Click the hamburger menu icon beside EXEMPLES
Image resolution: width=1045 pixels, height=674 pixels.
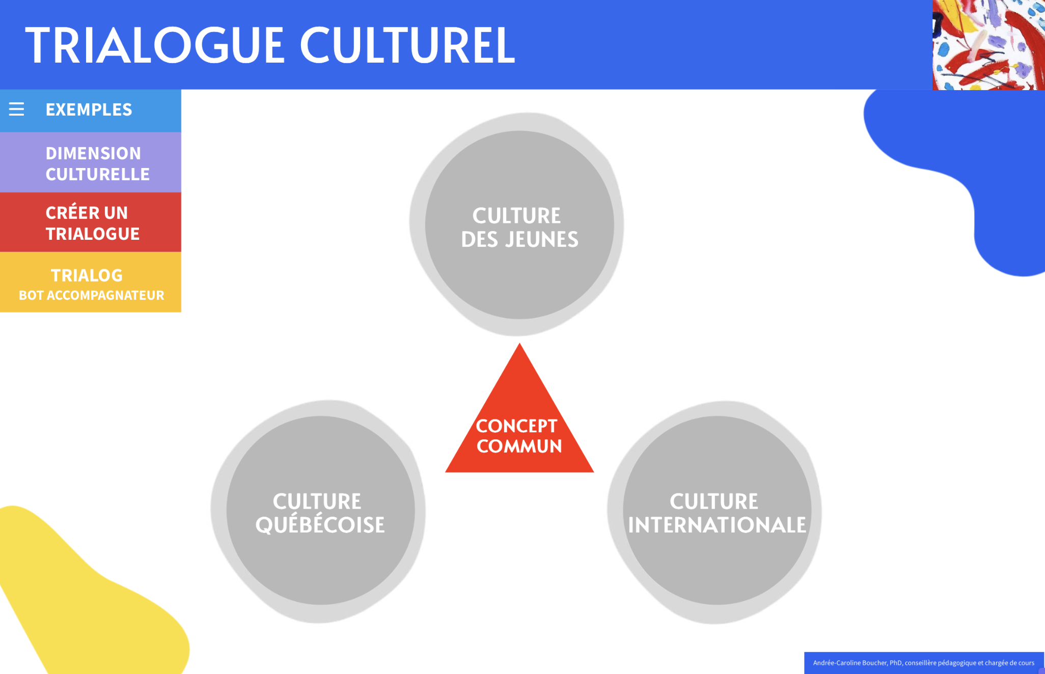coord(16,109)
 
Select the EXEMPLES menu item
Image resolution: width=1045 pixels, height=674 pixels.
coord(91,110)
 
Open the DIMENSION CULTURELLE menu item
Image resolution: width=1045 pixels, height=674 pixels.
coord(91,162)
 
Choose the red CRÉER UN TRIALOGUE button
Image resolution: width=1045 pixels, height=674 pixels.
coord(91,222)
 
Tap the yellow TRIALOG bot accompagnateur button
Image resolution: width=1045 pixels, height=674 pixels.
coord(91,282)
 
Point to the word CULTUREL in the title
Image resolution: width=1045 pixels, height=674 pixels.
coord(407,45)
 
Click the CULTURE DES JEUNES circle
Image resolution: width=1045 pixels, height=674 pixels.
coord(519,224)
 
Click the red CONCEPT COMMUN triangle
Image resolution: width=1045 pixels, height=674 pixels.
coord(519,423)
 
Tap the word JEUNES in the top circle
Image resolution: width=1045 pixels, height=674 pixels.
coord(542,239)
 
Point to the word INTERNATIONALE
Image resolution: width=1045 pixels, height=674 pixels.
coord(717,525)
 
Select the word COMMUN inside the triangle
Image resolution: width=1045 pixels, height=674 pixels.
coord(519,446)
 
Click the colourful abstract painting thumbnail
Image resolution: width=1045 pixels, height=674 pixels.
coord(988,45)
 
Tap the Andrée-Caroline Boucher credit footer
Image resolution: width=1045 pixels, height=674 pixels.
coord(924,663)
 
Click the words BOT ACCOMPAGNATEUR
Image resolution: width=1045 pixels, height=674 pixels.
coord(92,295)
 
